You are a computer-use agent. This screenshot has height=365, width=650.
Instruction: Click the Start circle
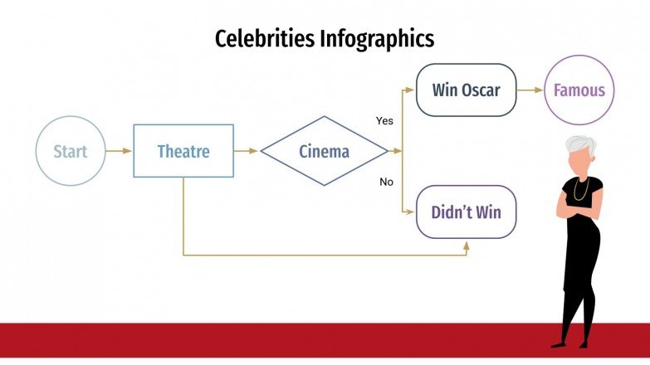[x=71, y=151]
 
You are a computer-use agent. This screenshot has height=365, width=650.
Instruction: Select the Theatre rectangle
[x=183, y=151]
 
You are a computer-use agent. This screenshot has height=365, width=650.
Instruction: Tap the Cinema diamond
[x=324, y=151]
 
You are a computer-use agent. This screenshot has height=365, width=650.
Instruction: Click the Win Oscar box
[x=466, y=90]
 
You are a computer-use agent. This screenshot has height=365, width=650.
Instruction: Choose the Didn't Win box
[x=466, y=212]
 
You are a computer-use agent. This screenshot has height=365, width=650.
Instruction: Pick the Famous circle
[x=579, y=90]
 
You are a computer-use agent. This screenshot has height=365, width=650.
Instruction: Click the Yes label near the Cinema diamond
[x=384, y=121]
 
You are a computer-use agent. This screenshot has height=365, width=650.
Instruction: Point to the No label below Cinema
[x=386, y=182]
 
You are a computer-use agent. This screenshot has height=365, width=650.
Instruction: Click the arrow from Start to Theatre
[x=120, y=151]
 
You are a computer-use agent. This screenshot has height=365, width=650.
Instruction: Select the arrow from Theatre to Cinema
[x=247, y=151]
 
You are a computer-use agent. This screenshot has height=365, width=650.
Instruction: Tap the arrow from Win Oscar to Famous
[x=530, y=90]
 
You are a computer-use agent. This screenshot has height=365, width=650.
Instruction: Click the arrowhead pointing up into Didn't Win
[x=467, y=246]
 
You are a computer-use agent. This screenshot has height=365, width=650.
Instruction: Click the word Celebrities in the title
[x=264, y=39]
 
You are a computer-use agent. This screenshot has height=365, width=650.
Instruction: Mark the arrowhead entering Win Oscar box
[x=410, y=90]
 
